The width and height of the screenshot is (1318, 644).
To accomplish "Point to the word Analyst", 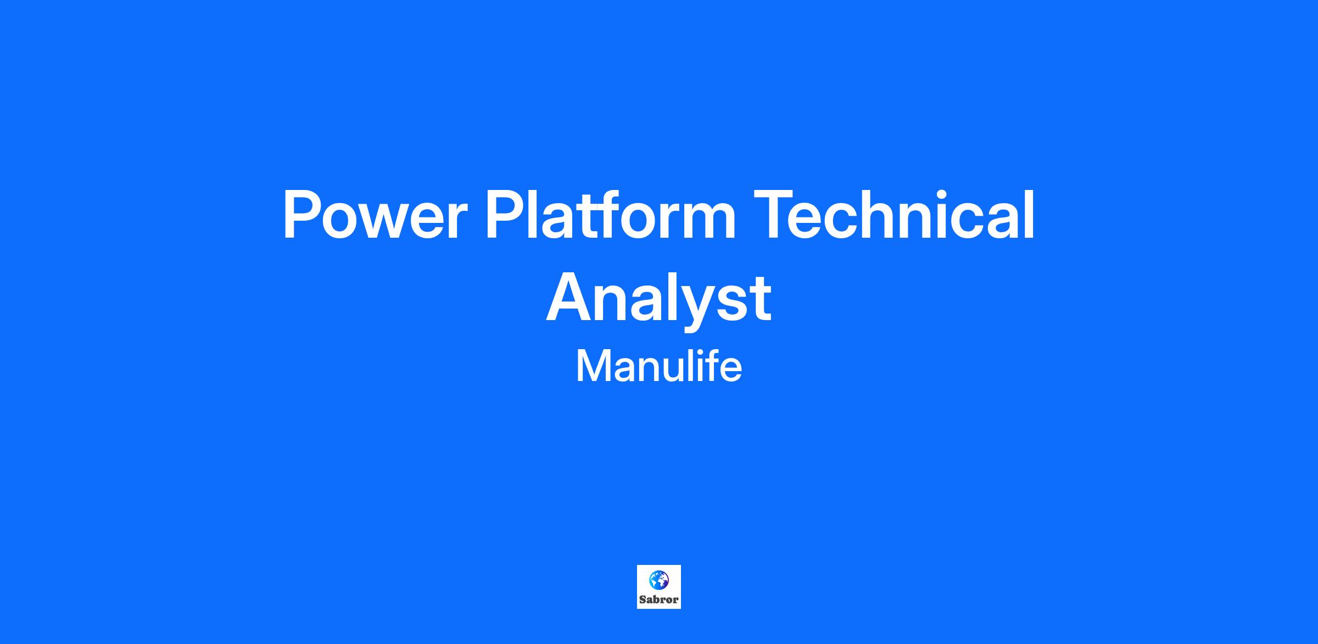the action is click(x=659, y=300).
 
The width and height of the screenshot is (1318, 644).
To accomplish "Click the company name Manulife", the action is click(x=659, y=366).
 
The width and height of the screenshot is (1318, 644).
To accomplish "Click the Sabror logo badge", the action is click(x=659, y=587).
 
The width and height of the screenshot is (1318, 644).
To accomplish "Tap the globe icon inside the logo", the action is click(x=659, y=580).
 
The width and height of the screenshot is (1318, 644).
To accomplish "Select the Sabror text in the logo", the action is click(x=659, y=600).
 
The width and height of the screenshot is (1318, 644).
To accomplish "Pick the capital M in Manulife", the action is click(x=593, y=367).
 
